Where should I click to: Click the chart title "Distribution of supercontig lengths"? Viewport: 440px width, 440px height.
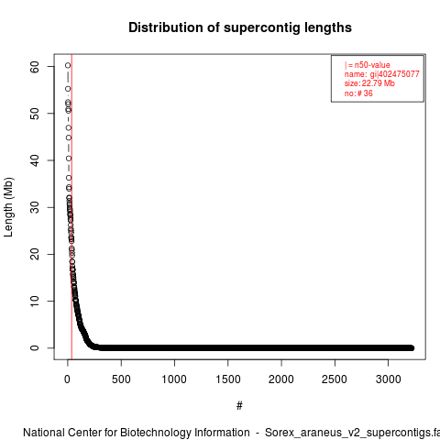coord(240,27)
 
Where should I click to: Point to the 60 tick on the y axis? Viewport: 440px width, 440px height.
coord(35,67)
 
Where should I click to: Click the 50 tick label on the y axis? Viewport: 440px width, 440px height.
coord(35,114)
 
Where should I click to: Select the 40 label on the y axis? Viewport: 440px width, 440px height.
coord(35,160)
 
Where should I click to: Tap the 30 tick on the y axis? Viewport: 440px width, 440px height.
coord(35,207)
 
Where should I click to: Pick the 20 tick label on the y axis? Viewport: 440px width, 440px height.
coord(35,254)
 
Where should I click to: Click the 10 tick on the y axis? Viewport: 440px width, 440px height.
coord(35,301)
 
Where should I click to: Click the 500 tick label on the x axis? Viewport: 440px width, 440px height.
coord(121,379)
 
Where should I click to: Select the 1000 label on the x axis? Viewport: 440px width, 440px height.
coord(174,379)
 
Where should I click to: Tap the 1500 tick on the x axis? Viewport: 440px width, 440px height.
coord(228,379)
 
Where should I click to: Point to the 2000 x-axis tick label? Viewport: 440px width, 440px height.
coord(281,379)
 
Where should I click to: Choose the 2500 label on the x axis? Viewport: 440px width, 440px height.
coord(335,379)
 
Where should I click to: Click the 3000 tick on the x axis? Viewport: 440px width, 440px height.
coord(388,379)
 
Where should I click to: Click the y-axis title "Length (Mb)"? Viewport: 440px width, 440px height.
coord(8,207)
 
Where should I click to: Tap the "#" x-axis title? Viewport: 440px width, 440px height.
coord(239,406)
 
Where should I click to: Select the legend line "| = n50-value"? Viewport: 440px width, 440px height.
coord(368,65)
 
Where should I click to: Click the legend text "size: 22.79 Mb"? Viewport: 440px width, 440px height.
coord(369,83)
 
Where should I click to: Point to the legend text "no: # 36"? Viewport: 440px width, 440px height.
coord(358,93)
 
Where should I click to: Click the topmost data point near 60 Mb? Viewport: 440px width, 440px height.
coord(68,65)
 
